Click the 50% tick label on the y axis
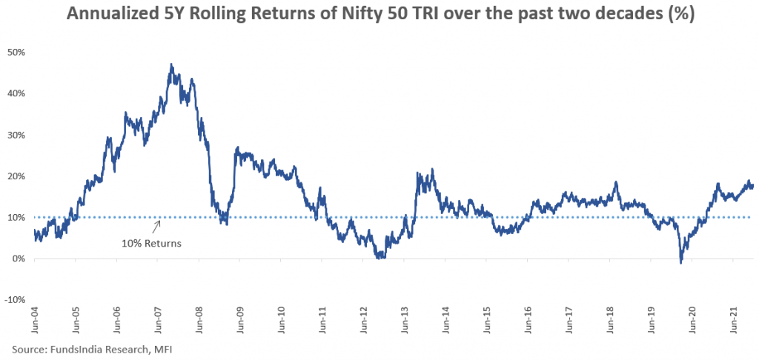point(16,52)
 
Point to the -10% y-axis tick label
point(15,300)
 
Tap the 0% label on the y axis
point(18,259)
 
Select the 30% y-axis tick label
point(16,135)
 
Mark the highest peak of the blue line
point(171,64)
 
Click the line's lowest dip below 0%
point(680,262)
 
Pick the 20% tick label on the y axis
point(16,176)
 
